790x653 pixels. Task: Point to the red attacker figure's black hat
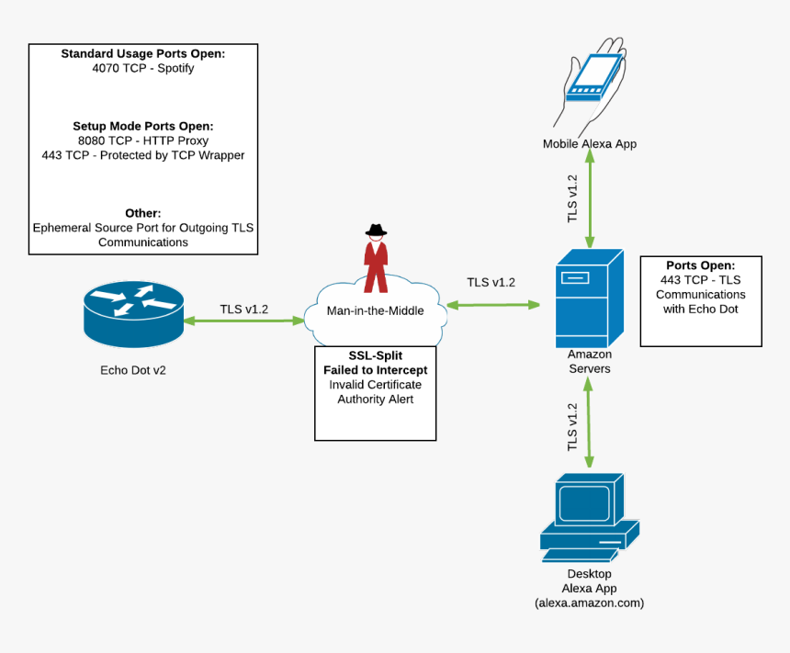375,231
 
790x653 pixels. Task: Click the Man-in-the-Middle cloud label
375,310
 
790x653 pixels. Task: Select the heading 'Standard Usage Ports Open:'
142,53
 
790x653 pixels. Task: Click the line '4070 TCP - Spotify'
142,68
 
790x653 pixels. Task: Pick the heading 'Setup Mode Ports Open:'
142,126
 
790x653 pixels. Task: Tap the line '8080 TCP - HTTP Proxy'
142,141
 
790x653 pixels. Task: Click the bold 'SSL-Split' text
375,355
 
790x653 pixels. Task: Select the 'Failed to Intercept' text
375,370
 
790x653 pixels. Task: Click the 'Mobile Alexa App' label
589,143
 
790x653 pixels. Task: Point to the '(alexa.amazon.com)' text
589,603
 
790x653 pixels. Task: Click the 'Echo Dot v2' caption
133,370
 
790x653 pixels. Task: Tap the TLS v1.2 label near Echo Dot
243,309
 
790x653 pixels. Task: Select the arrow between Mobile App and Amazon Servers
589,197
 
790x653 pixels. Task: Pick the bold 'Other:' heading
142,212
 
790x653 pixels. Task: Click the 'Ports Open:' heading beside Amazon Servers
700,265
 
